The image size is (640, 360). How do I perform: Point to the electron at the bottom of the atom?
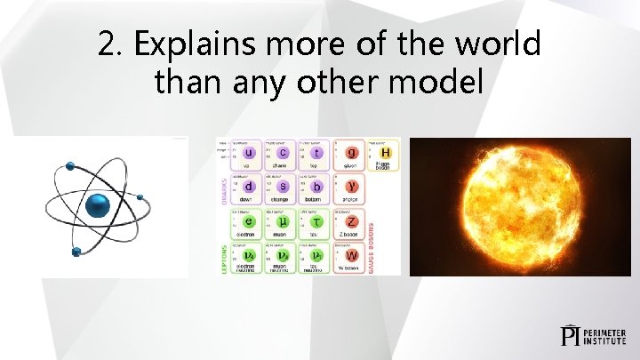pyautogui.click(x=76, y=251)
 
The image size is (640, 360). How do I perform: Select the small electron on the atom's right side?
pyautogui.click(x=140, y=196)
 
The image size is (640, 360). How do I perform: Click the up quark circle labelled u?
pyautogui.click(x=250, y=153)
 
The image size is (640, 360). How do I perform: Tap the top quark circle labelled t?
pyautogui.click(x=318, y=153)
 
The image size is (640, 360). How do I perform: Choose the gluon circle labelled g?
pyautogui.click(x=352, y=153)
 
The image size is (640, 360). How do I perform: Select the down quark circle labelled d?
pyautogui.click(x=250, y=187)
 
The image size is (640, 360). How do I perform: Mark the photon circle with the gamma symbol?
pyautogui.click(x=352, y=187)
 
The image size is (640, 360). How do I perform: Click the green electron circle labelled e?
pyautogui.click(x=250, y=220)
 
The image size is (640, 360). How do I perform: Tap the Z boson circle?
pyautogui.click(x=352, y=220)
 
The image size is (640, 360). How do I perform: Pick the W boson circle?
pyautogui.click(x=352, y=254)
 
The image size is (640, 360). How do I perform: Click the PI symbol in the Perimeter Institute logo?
pyautogui.click(x=571, y=335)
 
